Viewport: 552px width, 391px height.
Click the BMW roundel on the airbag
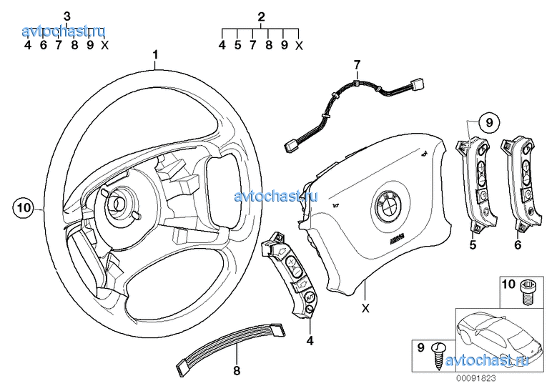tap(388, 205)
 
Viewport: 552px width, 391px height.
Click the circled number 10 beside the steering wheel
tap(23, 208)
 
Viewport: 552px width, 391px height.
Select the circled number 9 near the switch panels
tap(489, 123)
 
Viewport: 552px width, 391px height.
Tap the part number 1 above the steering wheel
tap(155, 54)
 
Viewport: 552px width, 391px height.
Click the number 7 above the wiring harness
tap(355, 66)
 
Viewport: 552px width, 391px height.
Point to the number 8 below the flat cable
tap(237, 370)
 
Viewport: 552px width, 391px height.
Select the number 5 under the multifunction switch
tap(473, 244)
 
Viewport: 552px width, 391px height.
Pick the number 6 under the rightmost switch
tap(517, 244)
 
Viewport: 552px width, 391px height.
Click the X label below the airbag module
tap(365, 309)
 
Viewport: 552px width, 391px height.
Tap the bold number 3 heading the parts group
tap(66, 16)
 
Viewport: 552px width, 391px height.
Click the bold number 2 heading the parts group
tap(261, 16)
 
